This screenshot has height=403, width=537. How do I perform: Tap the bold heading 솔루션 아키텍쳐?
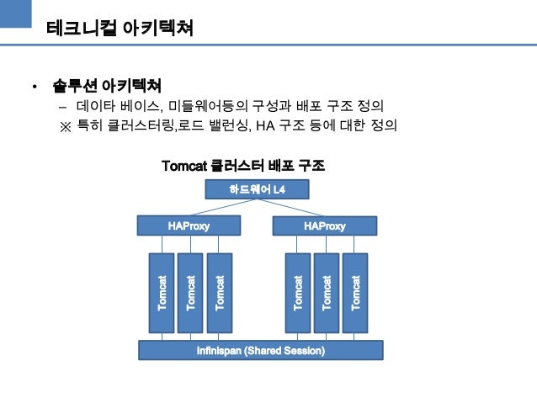(x=107, y=87)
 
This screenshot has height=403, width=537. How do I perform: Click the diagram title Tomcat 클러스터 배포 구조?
(x=242, y=166)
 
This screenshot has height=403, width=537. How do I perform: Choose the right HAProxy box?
(x=323, y=225)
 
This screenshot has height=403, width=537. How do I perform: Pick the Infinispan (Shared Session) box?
(x=260, y=349)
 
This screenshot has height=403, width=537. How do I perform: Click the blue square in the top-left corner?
(x=16, y=16)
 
